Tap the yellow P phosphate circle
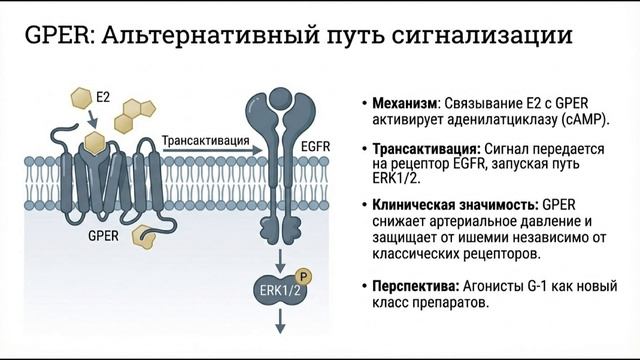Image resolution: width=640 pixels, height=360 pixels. (x=303, y=273)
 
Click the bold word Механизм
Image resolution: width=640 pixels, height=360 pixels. (x=404, y=102)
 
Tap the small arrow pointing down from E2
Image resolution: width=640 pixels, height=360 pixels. (x=93, y=117)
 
